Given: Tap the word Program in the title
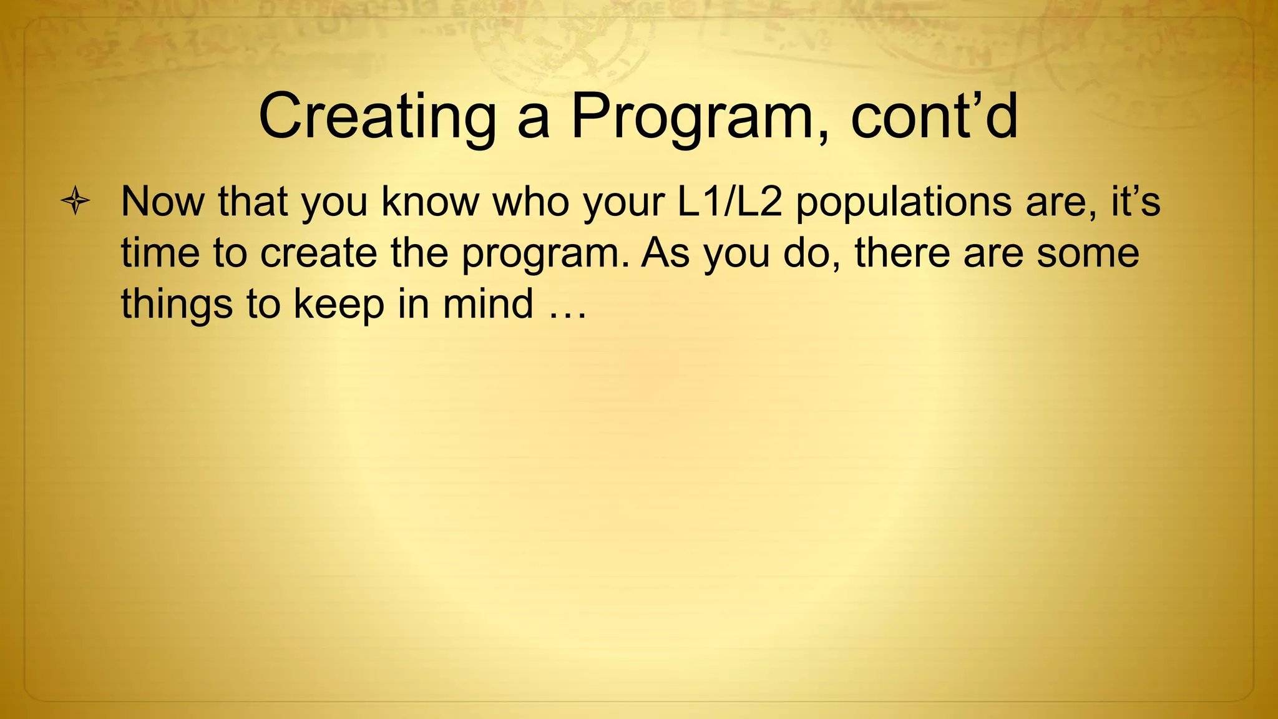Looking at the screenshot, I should (x=698, y=117).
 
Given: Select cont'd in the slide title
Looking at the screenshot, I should (x=934, y=117).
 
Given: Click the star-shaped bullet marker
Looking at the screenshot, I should (x=76, y=201).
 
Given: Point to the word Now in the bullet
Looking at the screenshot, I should (x=162, y=202).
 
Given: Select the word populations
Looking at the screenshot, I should (x=904, y=202).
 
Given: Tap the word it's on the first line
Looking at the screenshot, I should (x=1135, y=202).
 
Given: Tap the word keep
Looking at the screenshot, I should (x=339, y=304).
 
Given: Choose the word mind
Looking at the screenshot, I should (x=488, y=304).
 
